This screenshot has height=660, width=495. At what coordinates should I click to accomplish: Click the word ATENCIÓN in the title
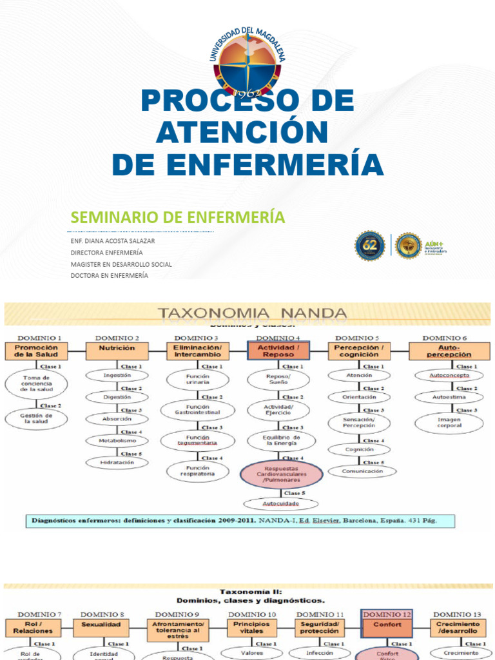242,133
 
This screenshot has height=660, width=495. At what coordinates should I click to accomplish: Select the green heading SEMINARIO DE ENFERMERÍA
177,217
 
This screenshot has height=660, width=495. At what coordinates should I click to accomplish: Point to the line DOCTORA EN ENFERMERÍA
109,275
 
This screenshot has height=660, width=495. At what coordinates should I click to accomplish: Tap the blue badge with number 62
370,246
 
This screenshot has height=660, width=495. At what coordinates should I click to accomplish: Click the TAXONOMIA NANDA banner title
253,314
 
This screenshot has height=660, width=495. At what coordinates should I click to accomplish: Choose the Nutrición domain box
117,349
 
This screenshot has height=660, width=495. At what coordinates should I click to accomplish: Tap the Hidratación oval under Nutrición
117,462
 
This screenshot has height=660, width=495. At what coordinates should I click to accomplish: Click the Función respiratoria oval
197,471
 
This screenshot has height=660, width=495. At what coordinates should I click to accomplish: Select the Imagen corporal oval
449,423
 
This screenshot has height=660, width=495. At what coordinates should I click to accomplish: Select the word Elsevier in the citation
340,521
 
